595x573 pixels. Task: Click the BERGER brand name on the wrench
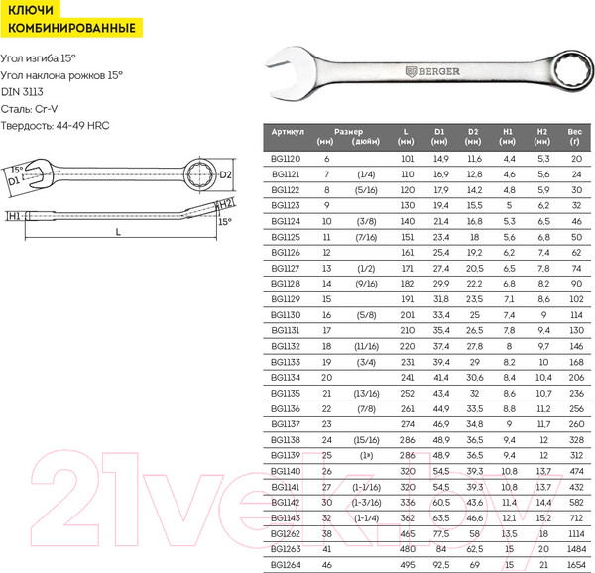439,71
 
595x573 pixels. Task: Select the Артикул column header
288,132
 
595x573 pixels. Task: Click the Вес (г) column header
575,137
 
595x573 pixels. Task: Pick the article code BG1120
286,159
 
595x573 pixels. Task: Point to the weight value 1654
577,565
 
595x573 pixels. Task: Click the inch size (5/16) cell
366,190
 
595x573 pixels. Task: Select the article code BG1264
286,565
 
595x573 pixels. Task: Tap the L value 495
408,565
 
